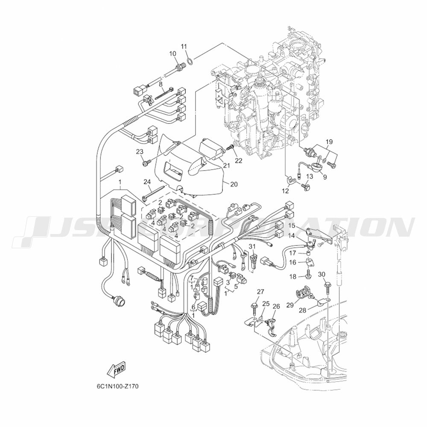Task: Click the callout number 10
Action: (173, 54)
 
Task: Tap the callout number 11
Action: (184, 47)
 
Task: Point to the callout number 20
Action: (234, 184)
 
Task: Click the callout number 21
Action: (227, 165)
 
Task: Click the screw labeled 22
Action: (231, 148)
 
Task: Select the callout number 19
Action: (329, 142)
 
